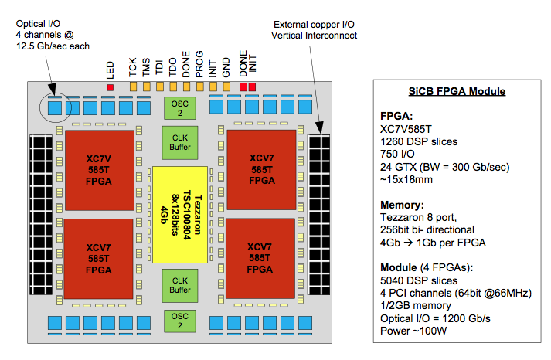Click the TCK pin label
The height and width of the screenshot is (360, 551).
133,69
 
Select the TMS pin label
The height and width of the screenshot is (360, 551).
146,69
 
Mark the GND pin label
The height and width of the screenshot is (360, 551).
226,69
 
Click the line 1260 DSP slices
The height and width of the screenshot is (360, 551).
418,141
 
